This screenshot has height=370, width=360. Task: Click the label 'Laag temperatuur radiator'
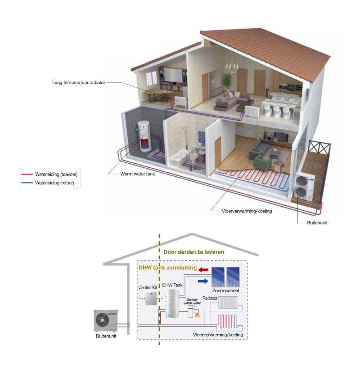tap(79, 83)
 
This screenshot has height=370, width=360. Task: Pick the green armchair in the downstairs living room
tap(262, 162)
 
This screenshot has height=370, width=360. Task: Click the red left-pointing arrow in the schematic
tap(204, 269)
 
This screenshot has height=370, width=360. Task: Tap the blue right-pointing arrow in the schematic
tap(204, 281)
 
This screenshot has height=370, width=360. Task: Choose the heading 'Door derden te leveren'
tap(194, 252)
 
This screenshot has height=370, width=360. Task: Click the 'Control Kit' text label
tap(148, 288)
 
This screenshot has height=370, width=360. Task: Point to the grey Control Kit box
tap(151, 299)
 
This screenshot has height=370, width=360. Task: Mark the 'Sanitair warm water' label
tap(192, 301)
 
